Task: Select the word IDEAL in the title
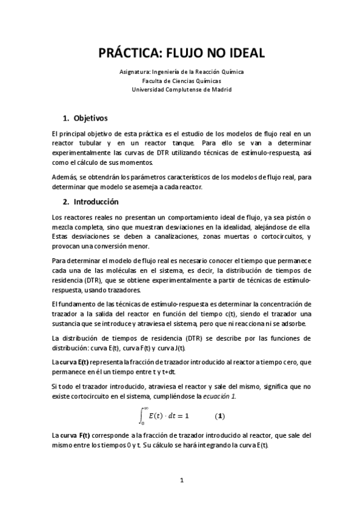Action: point(244,53)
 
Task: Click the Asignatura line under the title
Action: point(182,71)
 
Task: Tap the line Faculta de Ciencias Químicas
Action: point(182,80)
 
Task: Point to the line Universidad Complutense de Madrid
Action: point(182,89)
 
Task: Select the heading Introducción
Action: point(96,201)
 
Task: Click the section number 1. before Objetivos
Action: point(67,117)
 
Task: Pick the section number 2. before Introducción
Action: point(67,201)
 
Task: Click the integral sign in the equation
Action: point(142,416)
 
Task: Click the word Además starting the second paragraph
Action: point(64,177)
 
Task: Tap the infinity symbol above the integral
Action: point(146,407)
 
